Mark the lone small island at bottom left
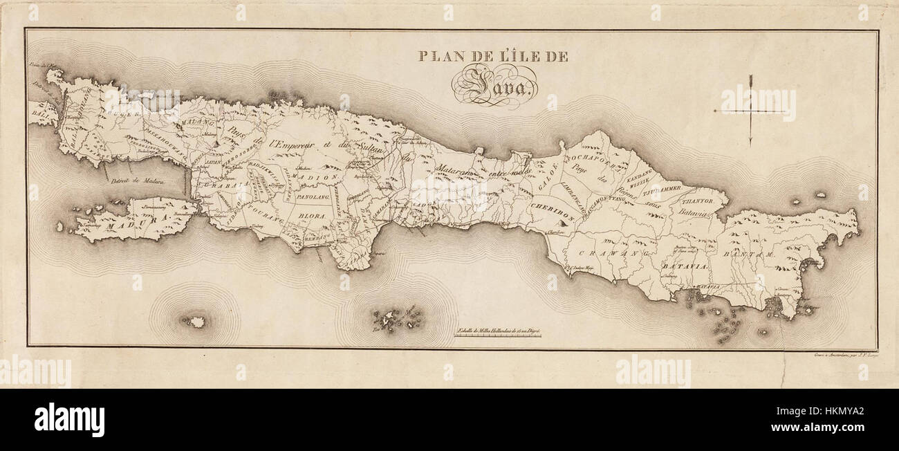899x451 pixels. tap(196, 322)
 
